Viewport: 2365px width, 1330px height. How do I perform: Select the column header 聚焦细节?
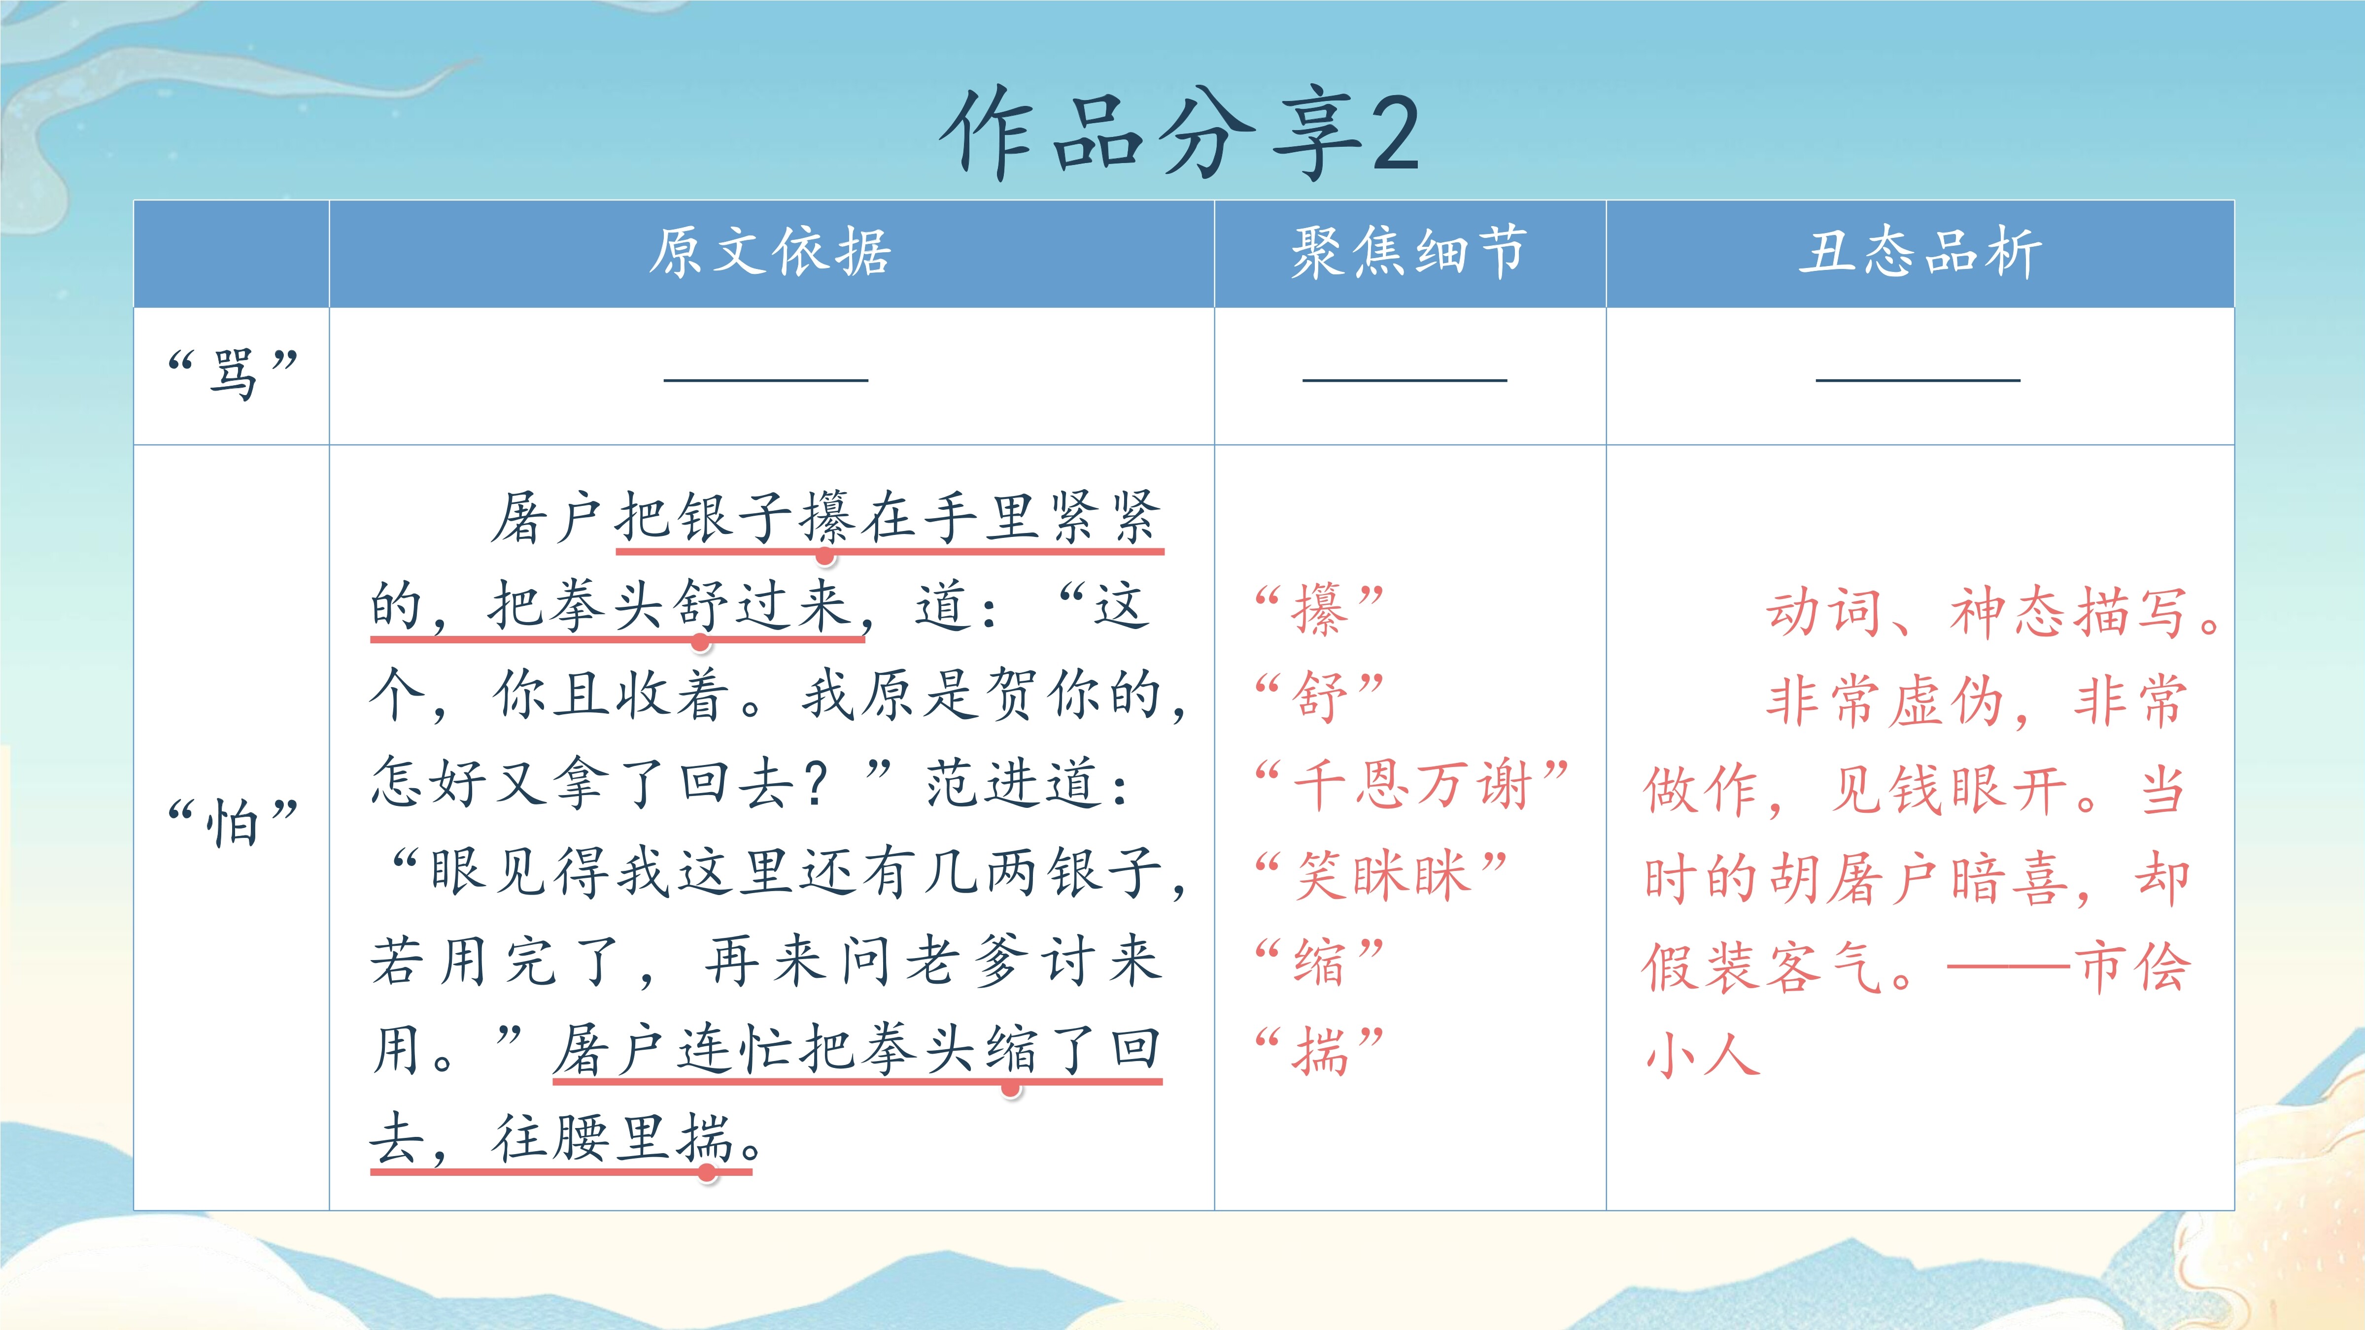(x=1409, y=252)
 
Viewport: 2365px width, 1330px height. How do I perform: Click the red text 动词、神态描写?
(x=1979, y=612)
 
